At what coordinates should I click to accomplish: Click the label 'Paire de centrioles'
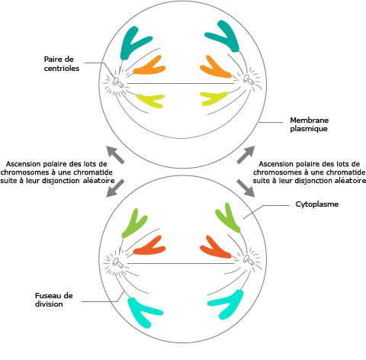coord(62,64)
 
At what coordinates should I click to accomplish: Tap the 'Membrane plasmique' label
coord(309,124)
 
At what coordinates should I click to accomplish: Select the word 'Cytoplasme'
coord(317,204)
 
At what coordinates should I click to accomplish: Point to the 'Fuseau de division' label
coord(54,300)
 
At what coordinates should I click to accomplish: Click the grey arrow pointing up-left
coord(115,155)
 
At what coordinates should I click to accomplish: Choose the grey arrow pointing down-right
coord(246,188)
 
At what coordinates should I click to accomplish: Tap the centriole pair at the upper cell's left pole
coord(117,82)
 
